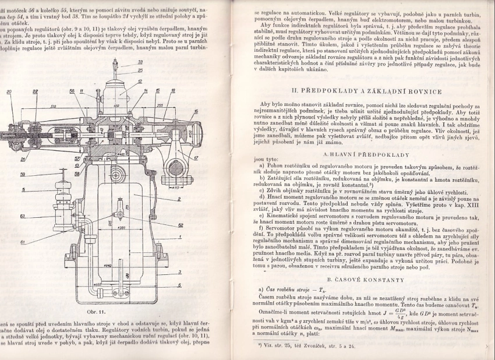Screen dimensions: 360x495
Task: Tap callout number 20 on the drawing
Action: pos(10,91)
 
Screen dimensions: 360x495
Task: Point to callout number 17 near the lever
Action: pos(196,158)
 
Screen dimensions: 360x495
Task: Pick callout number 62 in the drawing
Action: pos(181,224)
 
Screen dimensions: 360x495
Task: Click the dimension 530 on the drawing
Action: pos(53,106)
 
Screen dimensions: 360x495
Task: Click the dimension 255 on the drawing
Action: pos(159,105)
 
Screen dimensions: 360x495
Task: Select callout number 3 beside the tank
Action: pos(180,272)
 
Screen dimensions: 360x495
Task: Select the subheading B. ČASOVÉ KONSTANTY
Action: pos(365,280)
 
